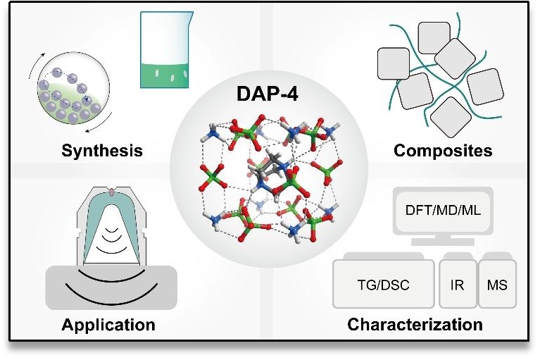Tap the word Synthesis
(102, 150)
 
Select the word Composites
(442, 150)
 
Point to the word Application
(108, 325)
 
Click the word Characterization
(415, 325)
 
